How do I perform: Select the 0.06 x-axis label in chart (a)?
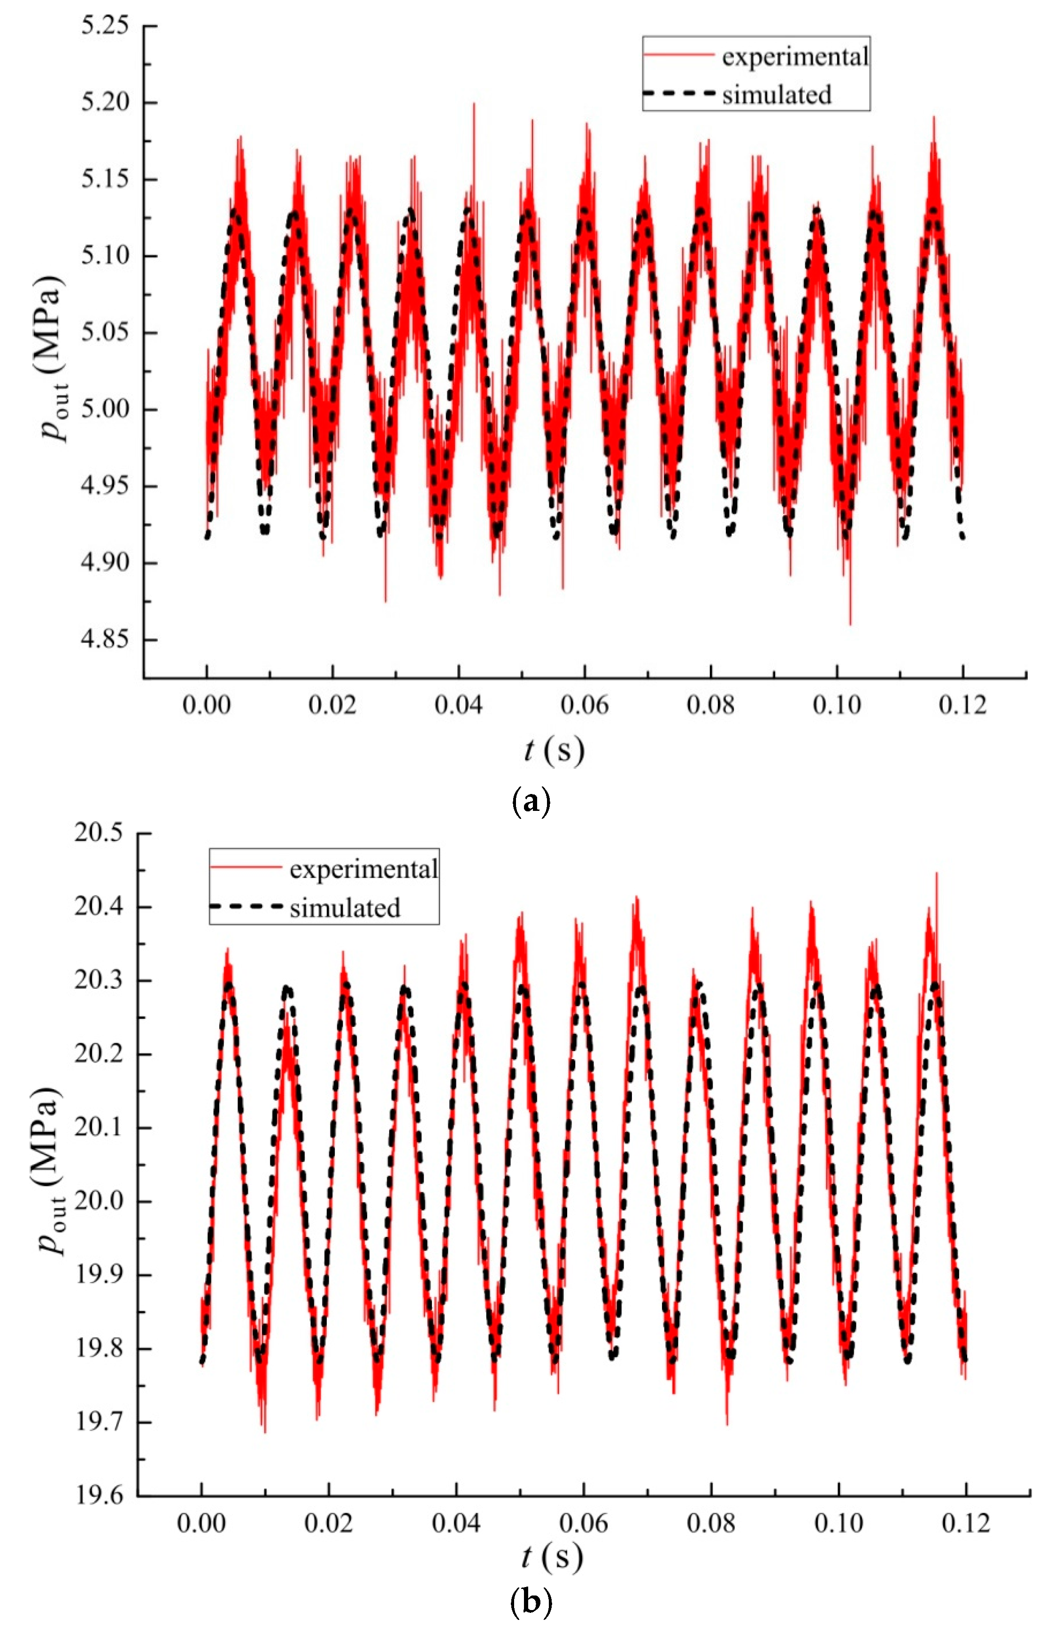point(585,706)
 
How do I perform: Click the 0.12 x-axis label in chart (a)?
point(962,706)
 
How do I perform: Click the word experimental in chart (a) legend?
point(795,57)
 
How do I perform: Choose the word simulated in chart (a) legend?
point(777,94)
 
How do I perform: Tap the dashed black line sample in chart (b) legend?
point(246,907)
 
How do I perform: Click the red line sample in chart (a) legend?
point(678,55)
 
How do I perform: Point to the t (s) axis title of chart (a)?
point(554,750)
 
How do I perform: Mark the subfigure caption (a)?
point(530,802)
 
